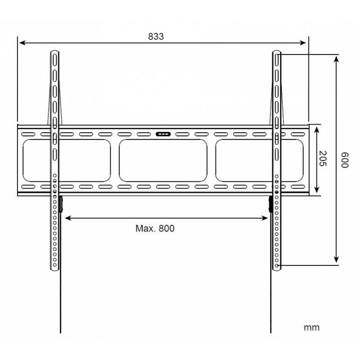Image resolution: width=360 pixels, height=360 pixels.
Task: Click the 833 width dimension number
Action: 155,36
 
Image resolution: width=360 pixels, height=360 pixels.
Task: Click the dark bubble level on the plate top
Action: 163,135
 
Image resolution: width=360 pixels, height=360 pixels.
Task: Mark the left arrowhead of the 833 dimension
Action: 21,43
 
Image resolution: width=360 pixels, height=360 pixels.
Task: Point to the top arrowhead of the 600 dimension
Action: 336,59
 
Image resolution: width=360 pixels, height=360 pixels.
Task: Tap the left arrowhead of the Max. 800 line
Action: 66,218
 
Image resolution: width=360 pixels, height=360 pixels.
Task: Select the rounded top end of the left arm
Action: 55,52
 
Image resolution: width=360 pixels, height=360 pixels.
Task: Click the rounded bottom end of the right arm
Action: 277,267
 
